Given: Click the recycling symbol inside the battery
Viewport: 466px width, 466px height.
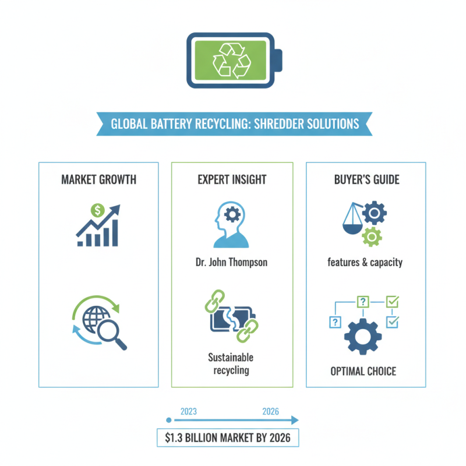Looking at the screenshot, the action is point(232,61).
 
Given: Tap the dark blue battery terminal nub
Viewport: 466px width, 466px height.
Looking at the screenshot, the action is point(278,61).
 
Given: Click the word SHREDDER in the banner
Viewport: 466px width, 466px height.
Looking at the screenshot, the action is point(278,124).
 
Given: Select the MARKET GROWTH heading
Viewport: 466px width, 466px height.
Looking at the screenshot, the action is point(98,179).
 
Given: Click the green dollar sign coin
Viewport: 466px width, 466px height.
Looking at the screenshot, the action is point(97,210).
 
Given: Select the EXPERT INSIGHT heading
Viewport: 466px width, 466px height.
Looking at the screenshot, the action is point(232,179).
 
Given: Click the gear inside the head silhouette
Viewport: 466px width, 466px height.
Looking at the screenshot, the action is point(232,214).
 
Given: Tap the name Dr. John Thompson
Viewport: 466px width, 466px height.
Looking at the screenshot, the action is point(231,262).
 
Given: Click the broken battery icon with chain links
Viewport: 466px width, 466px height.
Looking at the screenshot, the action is point(231,316).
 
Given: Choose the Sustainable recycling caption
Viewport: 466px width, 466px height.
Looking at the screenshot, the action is point(231,363).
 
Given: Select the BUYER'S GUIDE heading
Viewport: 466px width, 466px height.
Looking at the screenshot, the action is point(367,179).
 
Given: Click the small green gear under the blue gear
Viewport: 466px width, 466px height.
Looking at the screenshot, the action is point(372,237).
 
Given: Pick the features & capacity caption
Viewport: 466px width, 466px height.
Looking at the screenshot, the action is point(365,263).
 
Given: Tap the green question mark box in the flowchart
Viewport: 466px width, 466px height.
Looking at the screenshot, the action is point(363,302).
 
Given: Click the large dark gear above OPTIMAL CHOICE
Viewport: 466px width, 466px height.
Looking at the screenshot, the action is point(363,337).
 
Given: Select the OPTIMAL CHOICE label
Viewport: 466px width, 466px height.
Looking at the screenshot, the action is point(363,372).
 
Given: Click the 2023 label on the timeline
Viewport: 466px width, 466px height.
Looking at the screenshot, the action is point(189,411).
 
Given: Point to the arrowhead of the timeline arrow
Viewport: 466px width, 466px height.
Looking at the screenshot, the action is point(295,420).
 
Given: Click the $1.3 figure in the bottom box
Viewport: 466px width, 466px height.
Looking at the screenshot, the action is point(174,438).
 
